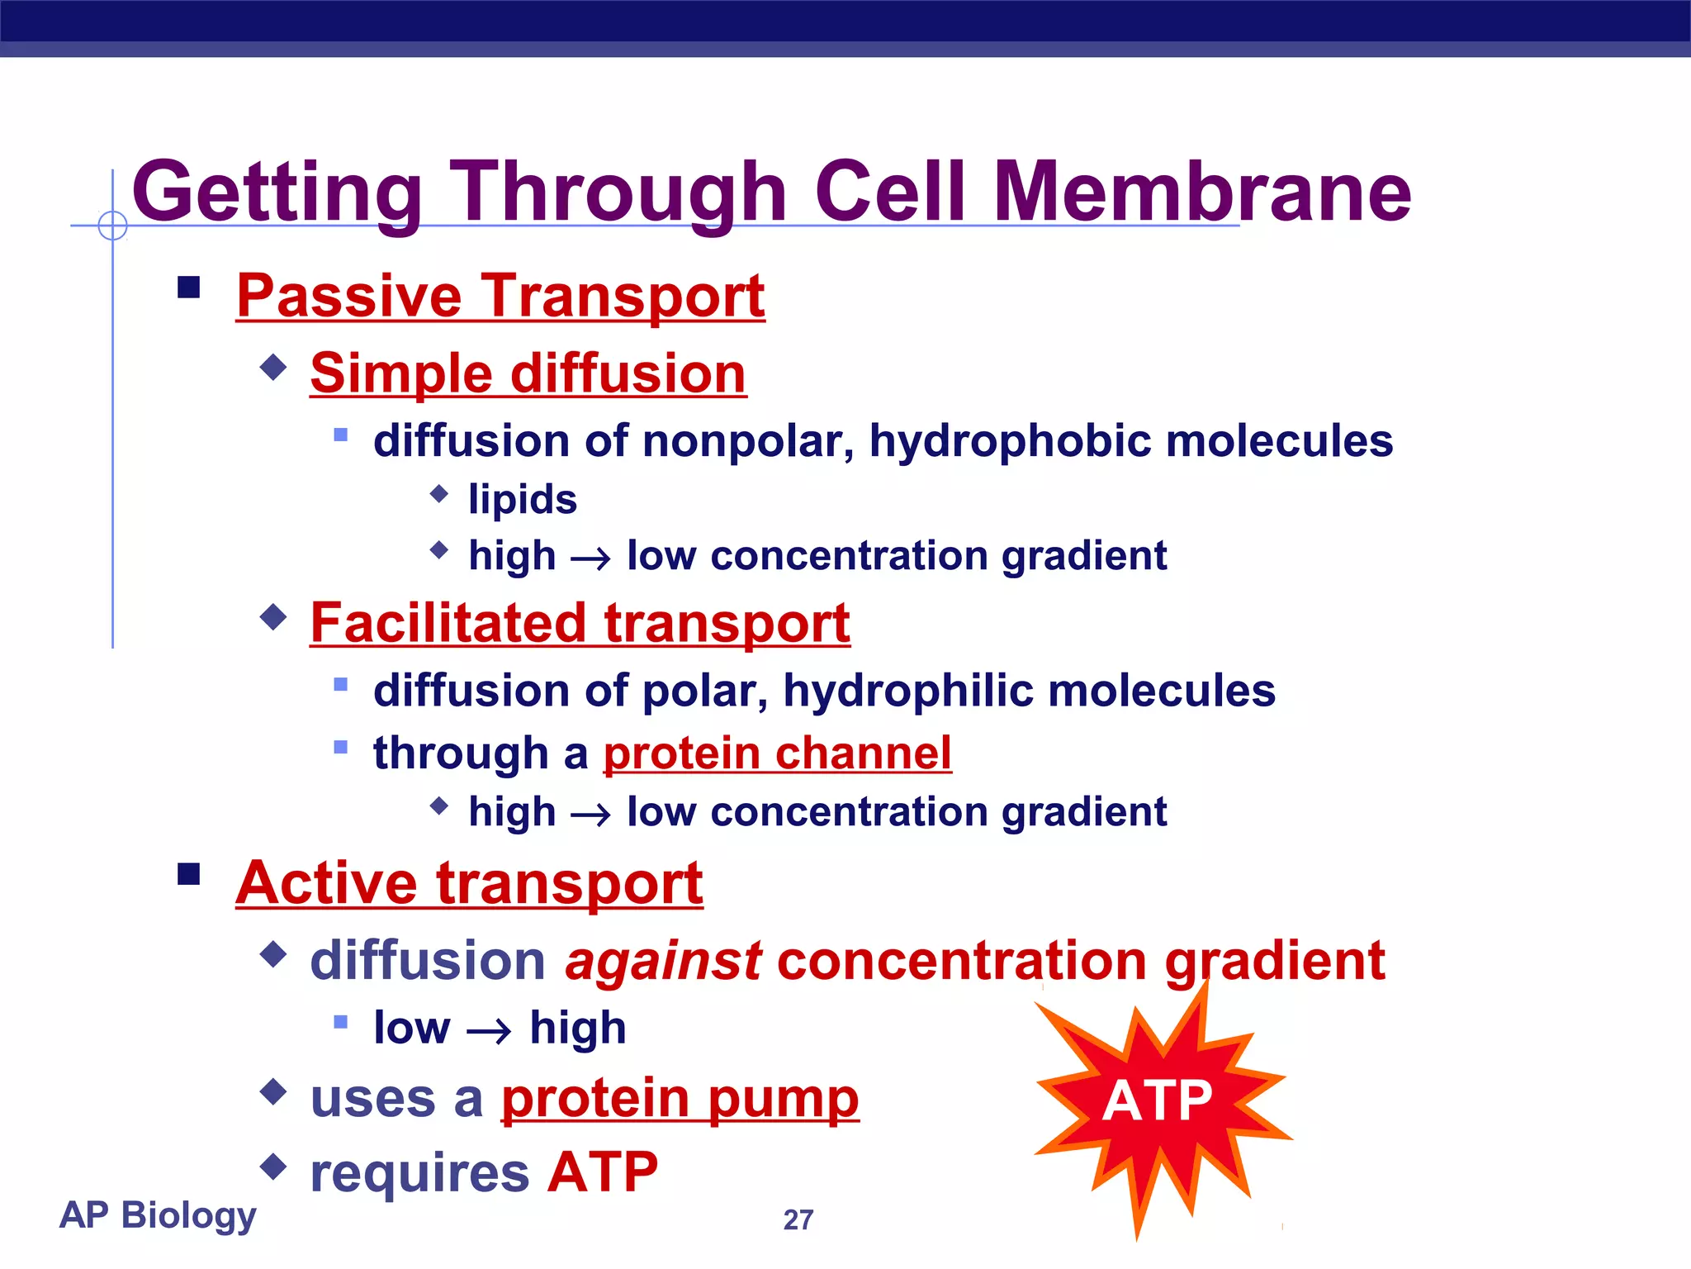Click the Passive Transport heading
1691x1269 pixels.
coord(500,296)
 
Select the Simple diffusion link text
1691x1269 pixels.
coord(528,373)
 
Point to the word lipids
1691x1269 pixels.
coord(523,500)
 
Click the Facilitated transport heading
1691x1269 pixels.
coord(580,623)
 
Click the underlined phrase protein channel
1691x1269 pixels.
coord(777,753)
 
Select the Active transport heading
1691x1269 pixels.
coord(469,883)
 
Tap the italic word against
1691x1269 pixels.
coord(663,961)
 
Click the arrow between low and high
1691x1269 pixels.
coord(489,1031)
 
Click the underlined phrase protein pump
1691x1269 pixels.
coord(680,1099)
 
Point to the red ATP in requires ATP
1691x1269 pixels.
coord(603,1172)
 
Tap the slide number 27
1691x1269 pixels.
coord(798,1219)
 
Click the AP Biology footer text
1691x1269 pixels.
coord(158,1214)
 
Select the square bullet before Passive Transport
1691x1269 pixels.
coord(189,288)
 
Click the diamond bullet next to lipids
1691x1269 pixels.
coord(439,494)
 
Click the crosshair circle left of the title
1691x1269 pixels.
coord(112,225)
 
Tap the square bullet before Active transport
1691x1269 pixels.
coord(189,873)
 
